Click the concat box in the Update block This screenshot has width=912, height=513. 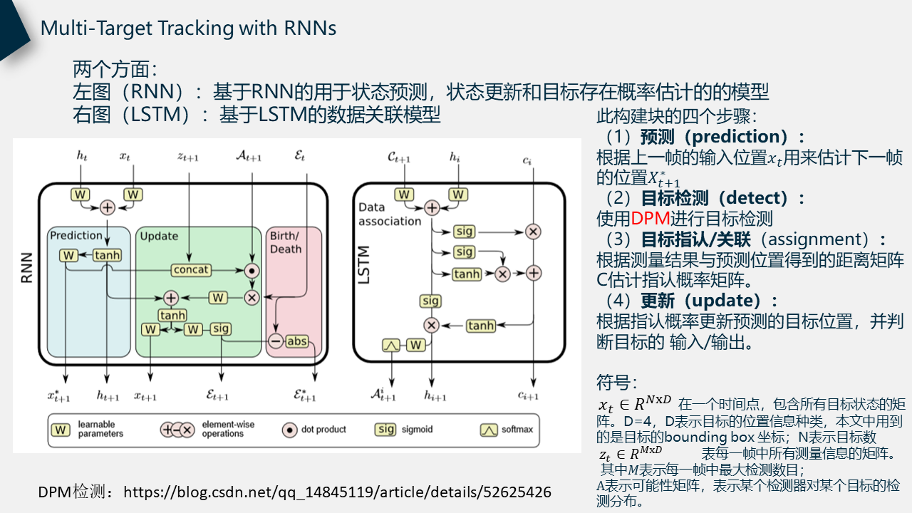192,269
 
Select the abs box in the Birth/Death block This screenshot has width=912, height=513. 296,341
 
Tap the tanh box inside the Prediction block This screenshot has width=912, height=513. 107,255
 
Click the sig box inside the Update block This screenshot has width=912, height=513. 221,328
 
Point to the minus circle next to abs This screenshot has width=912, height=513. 275,341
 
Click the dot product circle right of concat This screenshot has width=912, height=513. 251,270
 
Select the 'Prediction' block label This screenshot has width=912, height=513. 76,235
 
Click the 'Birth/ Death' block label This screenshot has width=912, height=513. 285,242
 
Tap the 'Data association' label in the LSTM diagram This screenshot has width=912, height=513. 390,214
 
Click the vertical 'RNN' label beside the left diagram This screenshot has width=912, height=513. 27,269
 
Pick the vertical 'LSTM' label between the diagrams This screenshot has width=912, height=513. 363,265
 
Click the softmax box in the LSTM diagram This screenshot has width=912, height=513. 391,345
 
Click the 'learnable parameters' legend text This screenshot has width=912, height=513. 100,429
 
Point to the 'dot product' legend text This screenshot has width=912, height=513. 323,430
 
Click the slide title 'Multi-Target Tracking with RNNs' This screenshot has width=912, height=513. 188,28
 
